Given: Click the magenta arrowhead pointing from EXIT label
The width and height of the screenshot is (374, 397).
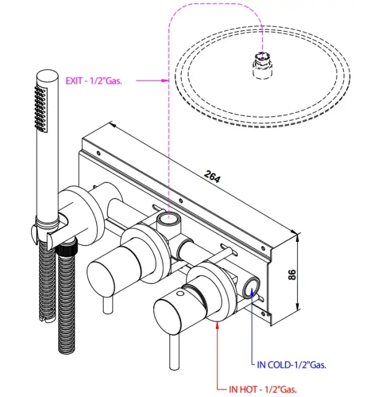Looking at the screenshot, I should coord(164,80).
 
